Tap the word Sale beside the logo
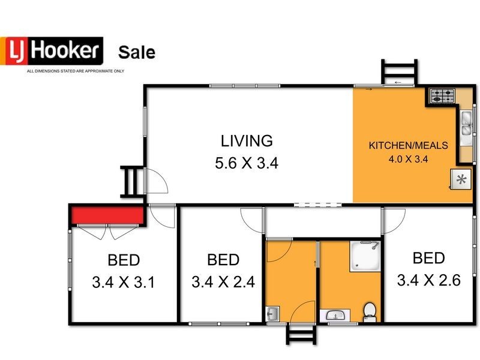click(137, 52)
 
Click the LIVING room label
click(247, 141)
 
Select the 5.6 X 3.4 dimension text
click(247, 163)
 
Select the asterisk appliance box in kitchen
click(461, 179)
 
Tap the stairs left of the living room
click(131, 182)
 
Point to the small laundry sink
click(273, 313)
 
